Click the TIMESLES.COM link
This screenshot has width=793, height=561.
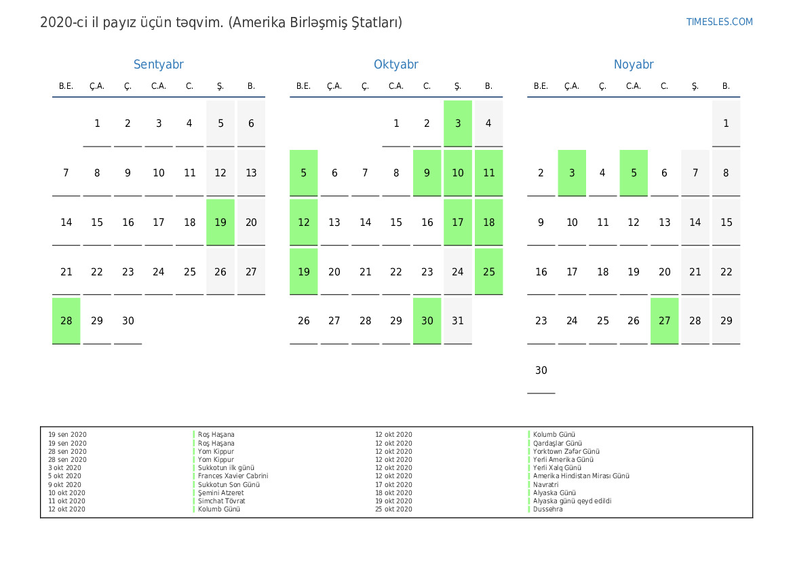click(719, 22)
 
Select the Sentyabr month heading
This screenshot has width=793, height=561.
click(158, 64)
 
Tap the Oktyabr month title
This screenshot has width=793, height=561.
click(395, 64)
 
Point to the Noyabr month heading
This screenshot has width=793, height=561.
click(633, 64)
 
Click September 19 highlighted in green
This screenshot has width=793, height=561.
click(220, 223)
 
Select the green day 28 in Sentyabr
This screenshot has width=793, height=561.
click(66, 321)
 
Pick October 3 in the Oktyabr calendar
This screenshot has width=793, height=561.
click(458, 123)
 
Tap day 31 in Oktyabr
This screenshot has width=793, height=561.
click(458, 321)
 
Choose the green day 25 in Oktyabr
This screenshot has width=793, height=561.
click(488, 271)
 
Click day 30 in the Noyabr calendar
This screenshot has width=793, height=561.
click(541, 370)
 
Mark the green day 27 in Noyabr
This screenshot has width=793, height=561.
click(664, 321)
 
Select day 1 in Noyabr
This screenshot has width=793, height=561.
click(726, 123)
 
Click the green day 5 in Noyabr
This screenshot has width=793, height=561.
click(634, 173)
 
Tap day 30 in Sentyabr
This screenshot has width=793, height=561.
click(128, 321)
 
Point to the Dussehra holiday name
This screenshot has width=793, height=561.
click(547, 509)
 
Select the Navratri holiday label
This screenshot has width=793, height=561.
click(545, 484)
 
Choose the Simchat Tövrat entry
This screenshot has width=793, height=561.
click(221, 501)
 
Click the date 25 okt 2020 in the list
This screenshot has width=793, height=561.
click(393, 509)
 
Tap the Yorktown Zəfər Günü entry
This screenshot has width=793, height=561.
click(566, 451)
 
